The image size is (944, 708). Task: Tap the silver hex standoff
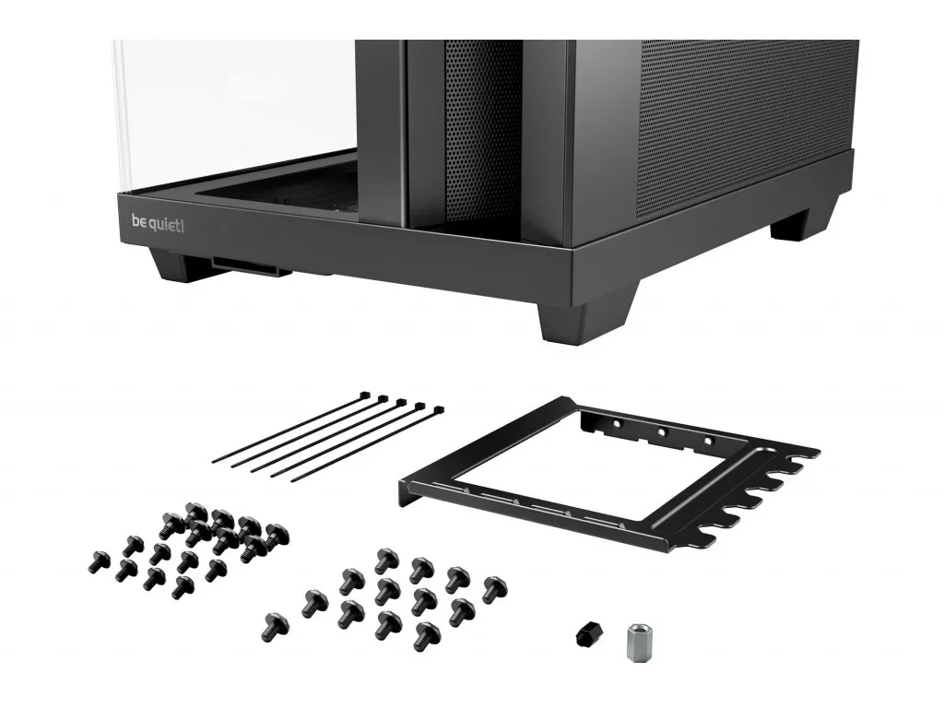pos(637,642)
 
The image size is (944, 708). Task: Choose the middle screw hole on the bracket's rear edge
pos(661,431)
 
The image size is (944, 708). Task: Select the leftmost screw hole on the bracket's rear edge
pos(615,423)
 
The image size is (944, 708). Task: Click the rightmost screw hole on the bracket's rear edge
pos(707,440)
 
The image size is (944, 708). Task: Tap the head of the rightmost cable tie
pos(438,410)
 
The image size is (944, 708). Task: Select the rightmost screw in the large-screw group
pos(494,589)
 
